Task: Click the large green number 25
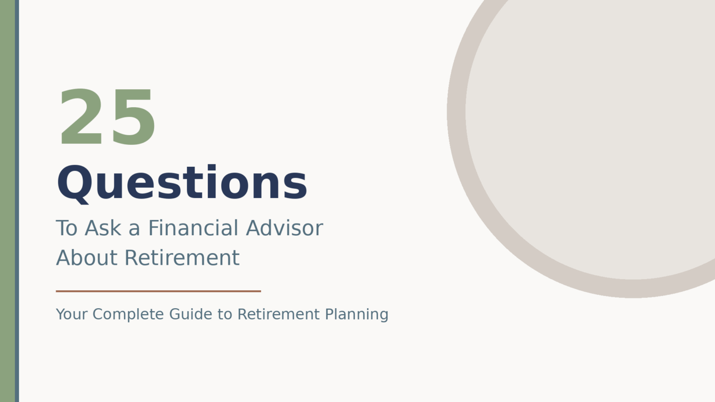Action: point(107,118)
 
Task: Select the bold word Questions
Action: point(182,184)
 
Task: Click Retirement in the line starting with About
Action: point(182,258)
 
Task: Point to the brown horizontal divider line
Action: point(158,291)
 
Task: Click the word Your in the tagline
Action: point(71,314)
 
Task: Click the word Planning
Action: point(356,314)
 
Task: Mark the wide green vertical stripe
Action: point(7,201)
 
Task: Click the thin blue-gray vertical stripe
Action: point(17,201)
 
